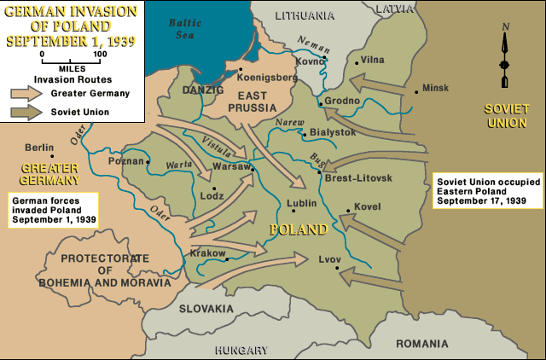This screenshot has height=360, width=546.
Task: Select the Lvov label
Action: coord(329,257)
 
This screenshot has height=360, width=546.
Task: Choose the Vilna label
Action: coord(373,60)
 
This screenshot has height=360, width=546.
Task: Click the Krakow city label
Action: coord(208,253)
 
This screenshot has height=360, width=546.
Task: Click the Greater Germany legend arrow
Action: coord(26,94)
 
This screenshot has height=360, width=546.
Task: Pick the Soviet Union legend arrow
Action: coord(26,112)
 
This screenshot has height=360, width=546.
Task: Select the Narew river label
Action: coord(292,123)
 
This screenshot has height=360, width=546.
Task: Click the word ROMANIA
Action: coord(421,342)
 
